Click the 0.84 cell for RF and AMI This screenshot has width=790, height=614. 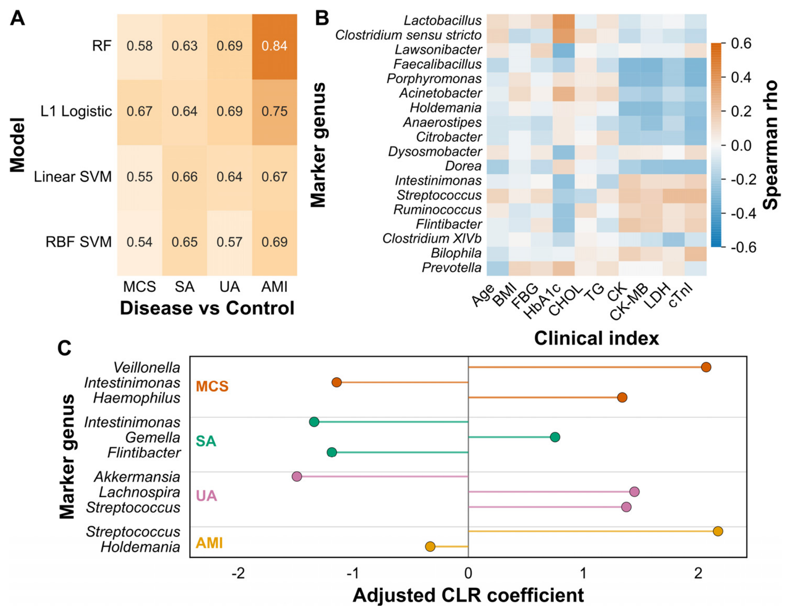(x=274, y=46)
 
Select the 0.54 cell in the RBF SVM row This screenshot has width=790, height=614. (x=139, y=242)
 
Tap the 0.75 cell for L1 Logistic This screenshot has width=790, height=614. (x=274, y=112)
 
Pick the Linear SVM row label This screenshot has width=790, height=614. (x=73, y=177)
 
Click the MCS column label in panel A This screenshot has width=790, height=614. (x=139, y=287)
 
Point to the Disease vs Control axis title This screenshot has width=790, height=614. (x=207, y=308)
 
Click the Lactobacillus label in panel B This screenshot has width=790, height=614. (x=442, y=20)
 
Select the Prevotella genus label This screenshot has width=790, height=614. (x=452, y=268)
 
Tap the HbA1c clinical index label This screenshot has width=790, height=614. (x=542, y=301)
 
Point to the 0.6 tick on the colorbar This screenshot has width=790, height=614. (x=740, y=44)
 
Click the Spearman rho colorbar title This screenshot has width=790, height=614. (x=771, y=145)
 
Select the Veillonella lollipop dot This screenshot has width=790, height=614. (x=706, y=367)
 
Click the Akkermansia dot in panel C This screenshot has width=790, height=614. (x=297, y=476)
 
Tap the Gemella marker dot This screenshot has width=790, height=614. (x=555, y=437)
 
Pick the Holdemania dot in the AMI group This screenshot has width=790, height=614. (x=430, y=546)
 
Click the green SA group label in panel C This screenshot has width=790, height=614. (x=206, y=441)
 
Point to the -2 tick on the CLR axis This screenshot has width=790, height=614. (x=238, y=573)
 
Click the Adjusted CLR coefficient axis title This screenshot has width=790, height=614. (x=468, y=595)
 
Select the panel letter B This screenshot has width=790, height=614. (x=322, y=18)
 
